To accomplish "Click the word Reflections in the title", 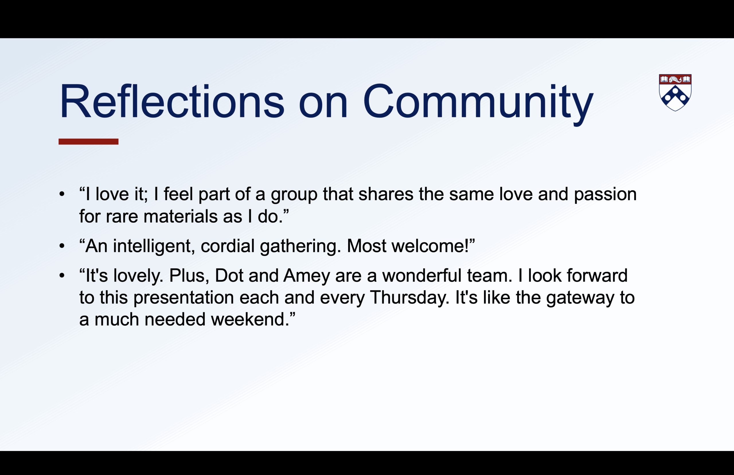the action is (x=172, y=101).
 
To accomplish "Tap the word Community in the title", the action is (x=478, y=104).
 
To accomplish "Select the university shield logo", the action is (x=675, y=92).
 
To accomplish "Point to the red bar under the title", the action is (x=89, y=142).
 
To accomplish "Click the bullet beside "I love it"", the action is (x=62, y=194).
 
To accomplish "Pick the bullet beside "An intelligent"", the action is (x=62, y=246).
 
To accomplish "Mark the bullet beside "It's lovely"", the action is (x=62, y=275).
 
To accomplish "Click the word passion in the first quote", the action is (x=605, y=195).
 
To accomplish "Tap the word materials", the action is (x=180, y=216).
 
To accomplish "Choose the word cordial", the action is (x=228, y=246).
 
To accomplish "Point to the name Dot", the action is (x=229, y=275).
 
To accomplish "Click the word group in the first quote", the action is (x=294, y=195).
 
